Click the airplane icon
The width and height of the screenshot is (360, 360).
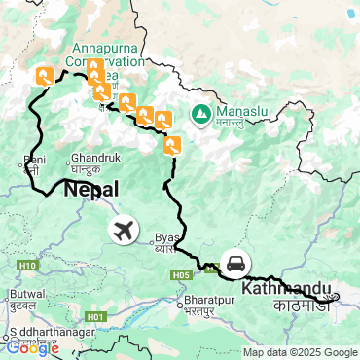124,232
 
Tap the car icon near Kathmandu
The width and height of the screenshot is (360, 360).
235,264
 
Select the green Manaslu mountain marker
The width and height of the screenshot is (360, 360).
200,115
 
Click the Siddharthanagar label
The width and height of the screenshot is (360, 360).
47,330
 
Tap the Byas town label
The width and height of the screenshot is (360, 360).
167,236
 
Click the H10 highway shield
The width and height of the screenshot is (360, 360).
26,265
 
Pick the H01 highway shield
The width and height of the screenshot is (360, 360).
94,316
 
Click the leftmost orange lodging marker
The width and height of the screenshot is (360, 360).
44,75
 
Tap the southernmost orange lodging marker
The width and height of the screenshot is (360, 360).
172,146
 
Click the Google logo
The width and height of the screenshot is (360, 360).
32,347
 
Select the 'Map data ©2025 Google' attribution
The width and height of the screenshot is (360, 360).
301,352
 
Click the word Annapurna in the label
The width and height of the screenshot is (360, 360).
102,43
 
